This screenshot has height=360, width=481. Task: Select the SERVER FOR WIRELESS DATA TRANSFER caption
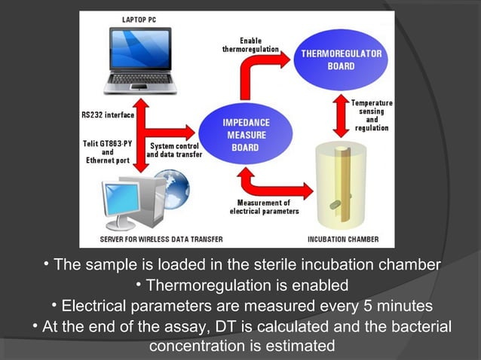(x=161, y=240)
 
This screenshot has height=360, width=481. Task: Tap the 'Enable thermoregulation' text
(x=251, y=44)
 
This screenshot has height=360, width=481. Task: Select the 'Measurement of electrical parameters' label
(x=265, y=207)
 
